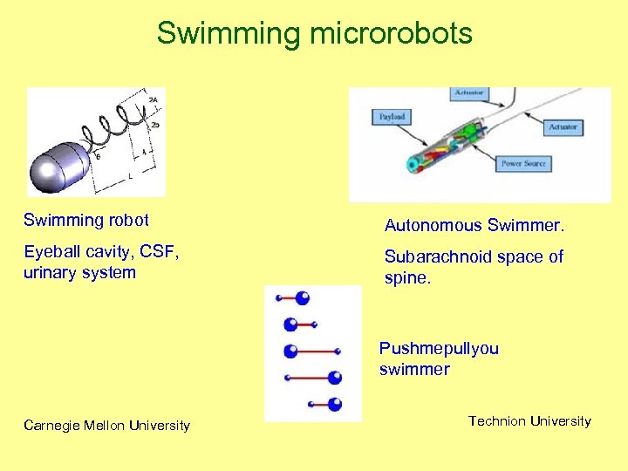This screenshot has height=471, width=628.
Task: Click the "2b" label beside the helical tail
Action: [154, 125]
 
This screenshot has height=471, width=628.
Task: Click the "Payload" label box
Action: [392, 116]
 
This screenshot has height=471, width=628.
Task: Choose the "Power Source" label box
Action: [522, 163]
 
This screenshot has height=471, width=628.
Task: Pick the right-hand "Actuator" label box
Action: [563, 127]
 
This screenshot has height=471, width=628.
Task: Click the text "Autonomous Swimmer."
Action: [474, 226]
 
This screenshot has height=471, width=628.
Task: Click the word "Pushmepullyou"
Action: [439, 349]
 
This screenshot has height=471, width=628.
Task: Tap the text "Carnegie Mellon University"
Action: [106, 426]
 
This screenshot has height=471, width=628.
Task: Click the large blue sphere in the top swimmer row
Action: [303, 297]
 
